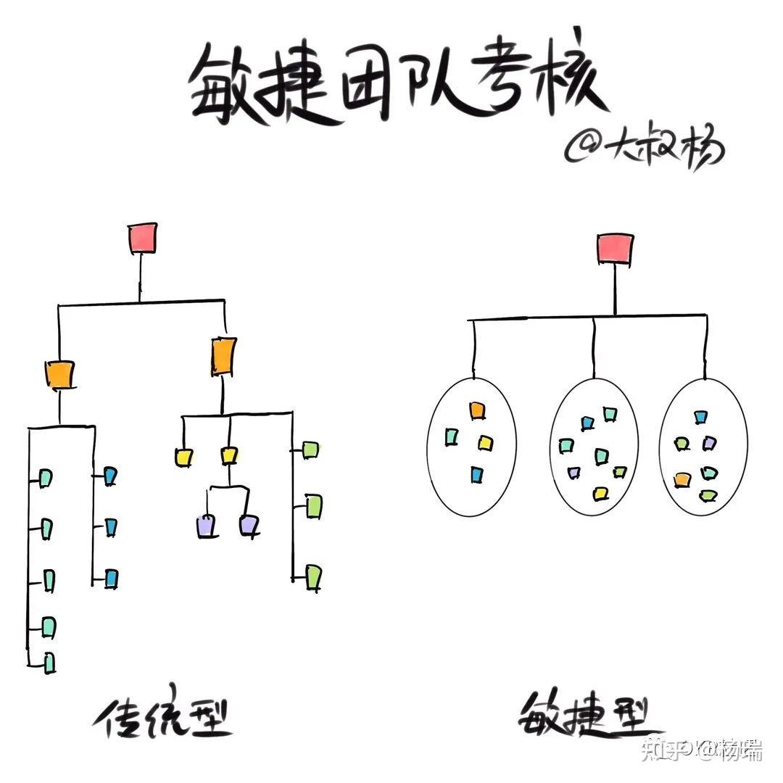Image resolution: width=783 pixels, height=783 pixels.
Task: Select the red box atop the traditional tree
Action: click(x=143, y=239)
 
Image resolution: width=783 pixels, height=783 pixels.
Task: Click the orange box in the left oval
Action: click(x=476, y=410)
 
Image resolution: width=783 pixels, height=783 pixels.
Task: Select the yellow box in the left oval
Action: click(x=485, y=442)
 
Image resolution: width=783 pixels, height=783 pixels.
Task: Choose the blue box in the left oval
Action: click(x=476, y=474)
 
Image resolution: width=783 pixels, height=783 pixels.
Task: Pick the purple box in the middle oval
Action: click(x=574, y=473)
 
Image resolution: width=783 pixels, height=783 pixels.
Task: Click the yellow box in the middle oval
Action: click(x=600, y=494)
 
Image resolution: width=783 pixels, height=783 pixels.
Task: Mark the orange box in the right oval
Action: click(x=682, y=479)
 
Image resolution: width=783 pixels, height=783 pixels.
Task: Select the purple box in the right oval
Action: click(x=708, y=443)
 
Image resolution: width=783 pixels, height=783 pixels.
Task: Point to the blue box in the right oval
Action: click(x=700, y=418)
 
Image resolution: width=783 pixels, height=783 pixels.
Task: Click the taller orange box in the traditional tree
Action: click(x=223, y=356)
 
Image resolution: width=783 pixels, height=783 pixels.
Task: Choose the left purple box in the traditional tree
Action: click(x=207, y=526)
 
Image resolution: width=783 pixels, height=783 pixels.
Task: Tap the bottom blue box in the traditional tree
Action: click(x=111, y=578)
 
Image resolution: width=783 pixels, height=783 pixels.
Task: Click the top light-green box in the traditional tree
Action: click(x=310, y=449)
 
